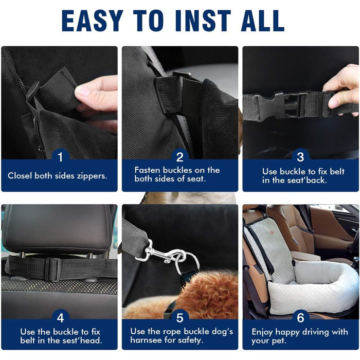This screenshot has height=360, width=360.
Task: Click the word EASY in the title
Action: (x=93, y=21)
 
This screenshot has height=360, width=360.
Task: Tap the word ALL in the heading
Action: (x=263, y=21)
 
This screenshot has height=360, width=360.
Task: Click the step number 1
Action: (x=60, y=157)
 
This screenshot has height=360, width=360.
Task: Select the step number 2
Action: (x=180, y=157)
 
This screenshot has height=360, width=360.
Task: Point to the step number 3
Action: (x=300, y=157)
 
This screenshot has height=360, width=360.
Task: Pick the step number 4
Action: (x=60, y=318)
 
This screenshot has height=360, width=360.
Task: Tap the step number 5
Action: (x=180, y=318)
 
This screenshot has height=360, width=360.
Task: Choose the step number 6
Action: (x=300, y=318)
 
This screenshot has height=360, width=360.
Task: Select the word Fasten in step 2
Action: (x=148, y=170)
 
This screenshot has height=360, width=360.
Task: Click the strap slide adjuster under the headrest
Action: (x=52, y=269)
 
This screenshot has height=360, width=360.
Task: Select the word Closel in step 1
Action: (x=20, y=176)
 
